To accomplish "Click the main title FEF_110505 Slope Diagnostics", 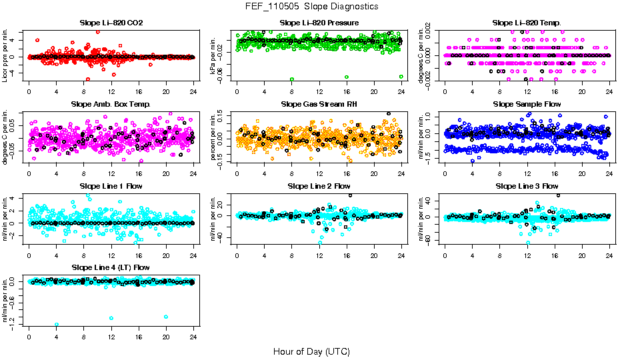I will coord(312,6).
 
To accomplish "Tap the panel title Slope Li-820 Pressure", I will coord(319,23).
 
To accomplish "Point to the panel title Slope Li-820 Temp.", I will coord(527,23).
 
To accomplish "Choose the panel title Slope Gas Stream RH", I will coord(319,105).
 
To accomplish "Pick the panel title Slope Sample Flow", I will coord(527,105).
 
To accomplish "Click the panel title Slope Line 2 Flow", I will coord(319,186).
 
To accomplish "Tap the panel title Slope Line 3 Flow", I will coord(527,186).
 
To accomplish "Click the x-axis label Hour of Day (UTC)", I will coord(312,351).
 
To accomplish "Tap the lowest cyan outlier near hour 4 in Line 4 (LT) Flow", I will coord(57,325).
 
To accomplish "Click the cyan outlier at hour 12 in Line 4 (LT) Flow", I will coord(111,318).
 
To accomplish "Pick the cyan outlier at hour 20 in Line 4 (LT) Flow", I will coord(165,317).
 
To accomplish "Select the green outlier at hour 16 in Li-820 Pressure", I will coord(347,77).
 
